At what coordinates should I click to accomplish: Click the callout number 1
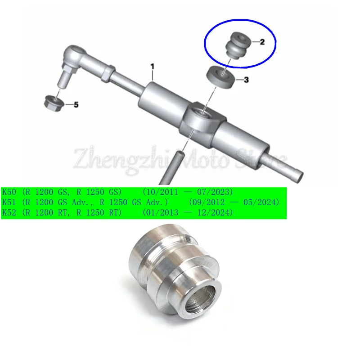tap(152, 67)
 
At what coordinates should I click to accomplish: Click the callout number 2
tap(262, 42)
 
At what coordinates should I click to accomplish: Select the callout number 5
tap(76, 105)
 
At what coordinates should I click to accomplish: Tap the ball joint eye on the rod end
tap(73, 55)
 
